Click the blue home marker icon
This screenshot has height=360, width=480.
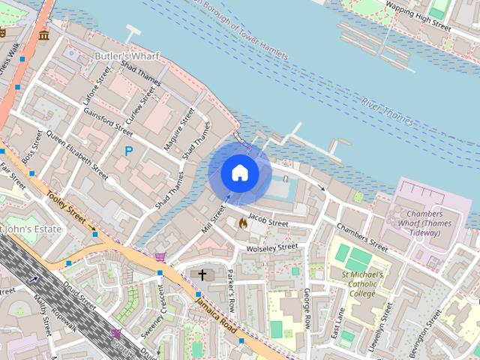(x=239, y=173)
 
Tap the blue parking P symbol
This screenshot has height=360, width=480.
(x=128, y=151)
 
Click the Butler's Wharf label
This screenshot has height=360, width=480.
(x=123, y=56)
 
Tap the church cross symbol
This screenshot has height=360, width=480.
(x=202, y=275)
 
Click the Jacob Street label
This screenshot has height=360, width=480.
(x=268, y=221)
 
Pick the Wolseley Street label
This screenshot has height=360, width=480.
(x=267, y=247)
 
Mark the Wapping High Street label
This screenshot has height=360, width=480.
(x=418, y=16)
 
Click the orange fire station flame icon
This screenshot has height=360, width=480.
(x=242, y=223)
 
